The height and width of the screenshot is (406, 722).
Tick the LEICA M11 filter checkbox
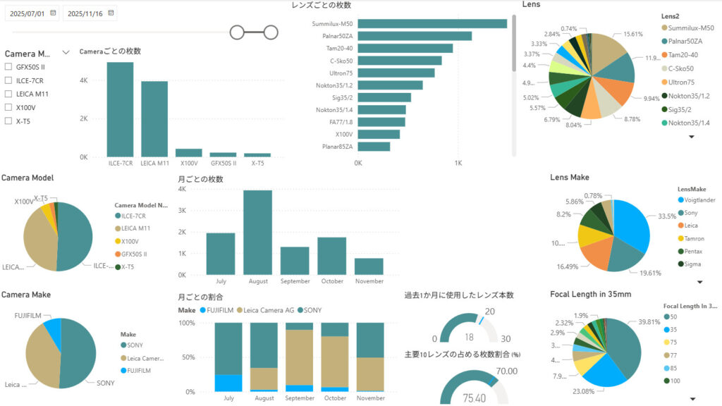[8, 94]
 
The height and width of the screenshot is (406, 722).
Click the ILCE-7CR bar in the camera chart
[120, 109]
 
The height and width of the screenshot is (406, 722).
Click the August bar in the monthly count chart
[257, 233]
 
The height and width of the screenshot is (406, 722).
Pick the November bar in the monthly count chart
[369, 266]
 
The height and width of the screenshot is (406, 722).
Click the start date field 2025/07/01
[28, 13]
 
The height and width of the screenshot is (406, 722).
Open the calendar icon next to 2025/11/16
[111, 13]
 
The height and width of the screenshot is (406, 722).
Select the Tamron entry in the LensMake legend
[695, 238]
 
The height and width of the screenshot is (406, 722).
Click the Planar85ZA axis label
[336, 147]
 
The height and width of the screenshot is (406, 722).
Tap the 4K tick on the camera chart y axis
[83, 80]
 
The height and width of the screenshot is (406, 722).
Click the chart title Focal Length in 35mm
[590, 294]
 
